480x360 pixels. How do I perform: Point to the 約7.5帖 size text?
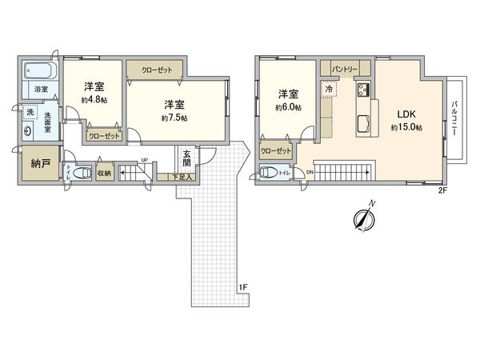[x=174, y=118]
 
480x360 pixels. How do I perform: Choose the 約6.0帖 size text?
[x=288, y=107]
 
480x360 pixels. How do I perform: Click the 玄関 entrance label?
[x=186, y=157]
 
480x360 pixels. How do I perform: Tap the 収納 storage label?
[x=104, y=171]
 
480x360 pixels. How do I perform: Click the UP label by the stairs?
[x=144, y=161]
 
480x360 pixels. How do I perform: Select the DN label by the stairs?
[x=309, y=171]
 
